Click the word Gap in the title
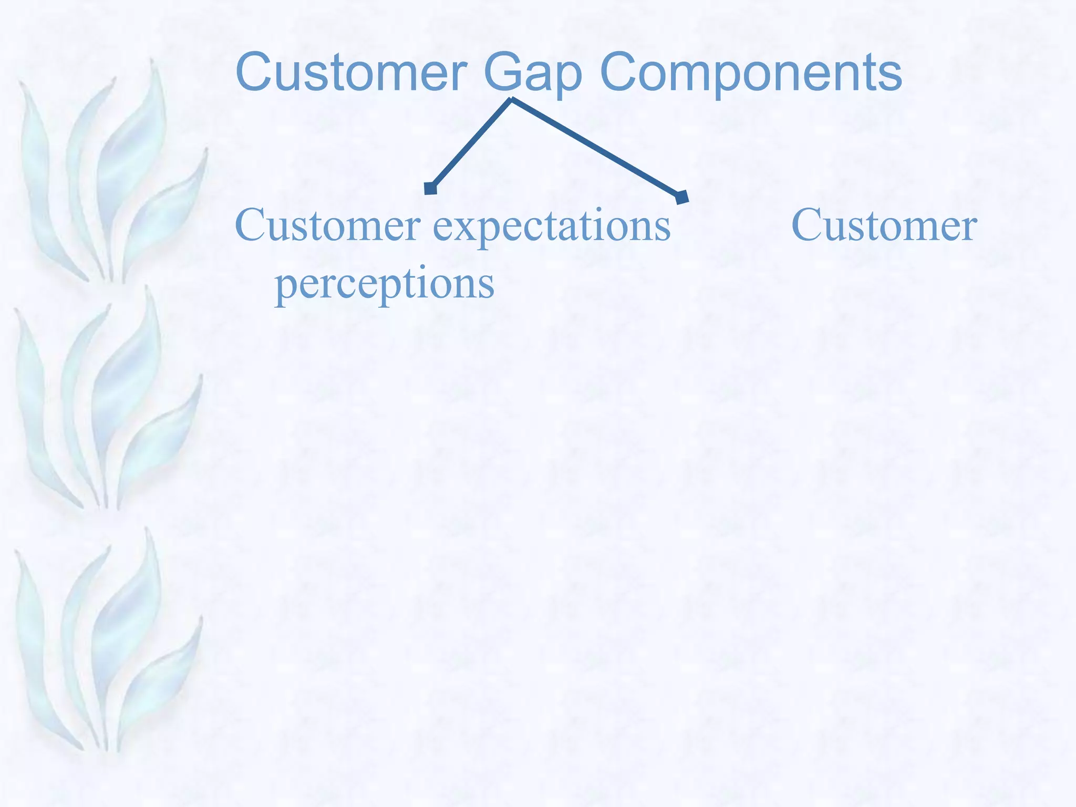click(x=533, y=74)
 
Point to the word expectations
click(x=552, y=226)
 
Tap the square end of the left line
click(x=431, y=188)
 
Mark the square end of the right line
click(x=682, y=197)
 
